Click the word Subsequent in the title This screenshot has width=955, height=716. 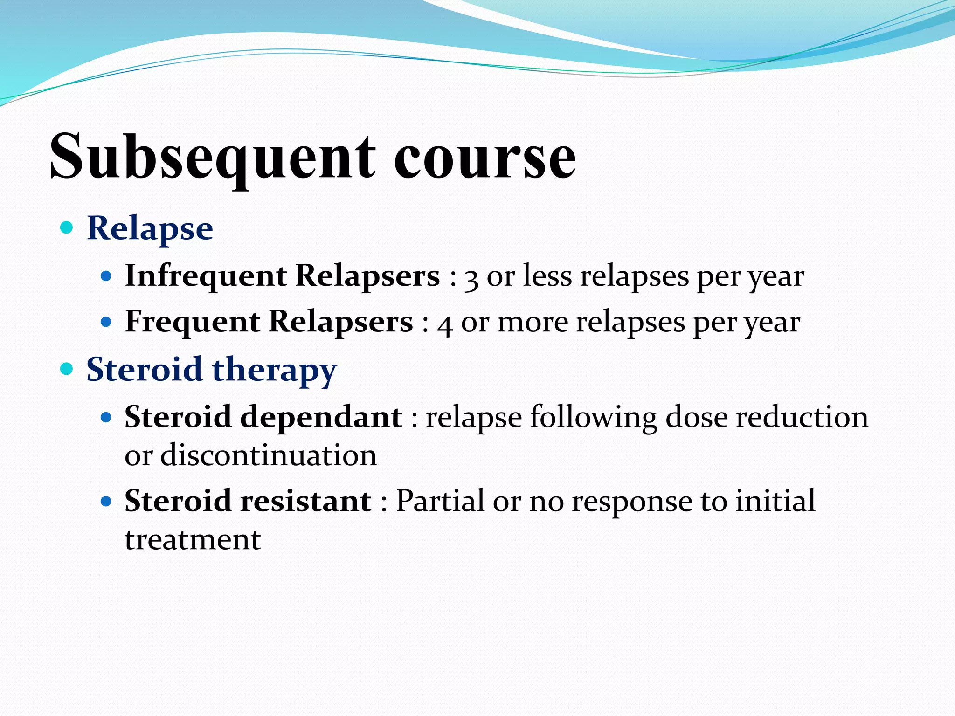click(x=212, y=156)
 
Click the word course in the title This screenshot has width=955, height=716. click(x=485, y=158)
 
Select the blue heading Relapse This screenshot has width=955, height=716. click(x=150, y=228)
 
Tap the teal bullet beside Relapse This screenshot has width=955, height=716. click(x=67, y=227)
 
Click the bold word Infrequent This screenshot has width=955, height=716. click(x=206, y=275)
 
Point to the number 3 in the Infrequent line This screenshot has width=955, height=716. click(x=471, y=278)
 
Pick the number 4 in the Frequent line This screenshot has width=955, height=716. click(x=445, y=324)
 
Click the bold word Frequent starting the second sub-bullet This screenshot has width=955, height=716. click(x=193, y=322)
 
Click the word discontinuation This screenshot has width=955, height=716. click(x=269, y=455)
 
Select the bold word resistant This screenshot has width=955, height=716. click(x=306, y=501)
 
